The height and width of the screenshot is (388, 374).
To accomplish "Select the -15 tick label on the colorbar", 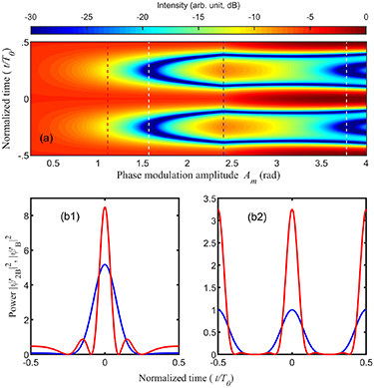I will coord(198,18).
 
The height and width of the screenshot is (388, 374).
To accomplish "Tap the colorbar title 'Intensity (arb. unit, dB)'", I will coord(198,6).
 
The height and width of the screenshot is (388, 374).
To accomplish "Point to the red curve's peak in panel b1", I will coord(105,207).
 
